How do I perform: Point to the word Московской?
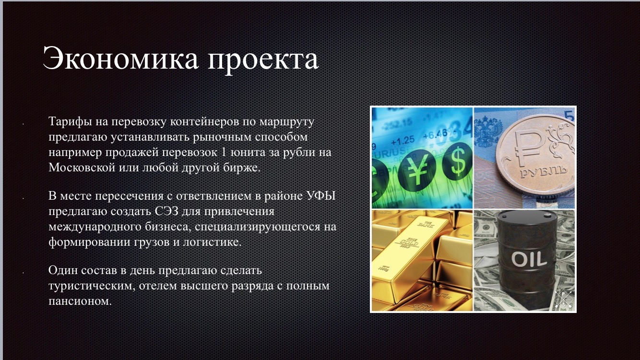pyautogui.click(x=82, y=167)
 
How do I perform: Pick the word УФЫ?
pyautogui.click(x=321, y=196)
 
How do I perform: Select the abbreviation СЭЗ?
pyautogui.click(x=167, y=212)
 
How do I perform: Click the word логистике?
pyautogui.click(x=212, y=242)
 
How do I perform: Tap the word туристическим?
pyautogui.click(x=92, y=286)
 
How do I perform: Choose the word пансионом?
pyautogui.click(x=80, y=301)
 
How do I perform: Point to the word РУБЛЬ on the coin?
pyautogui.click(x=543, y=171)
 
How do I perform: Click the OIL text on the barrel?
pyautogui.click(x=529, y=259)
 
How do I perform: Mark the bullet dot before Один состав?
pyautogui.click(x=23, y=273)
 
